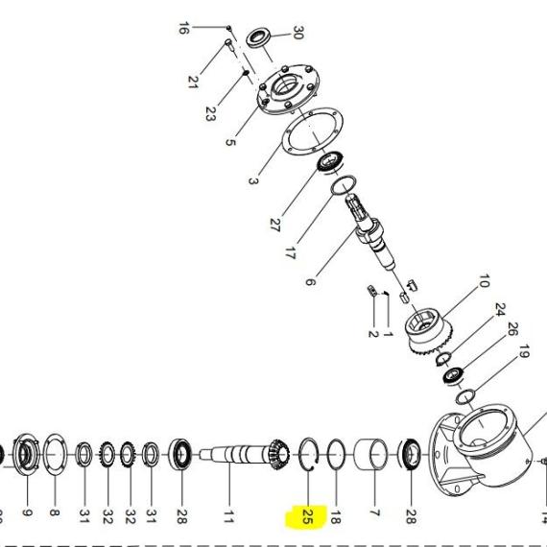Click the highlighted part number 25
(x=307, y=516)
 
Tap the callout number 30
(x=297, y=33)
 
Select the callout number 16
(x=184, y=28)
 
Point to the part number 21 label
(x=193, y=82)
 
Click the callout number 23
(x=209, y=114)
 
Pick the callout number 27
(x=274, y=225)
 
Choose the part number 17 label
(x=290, y=253)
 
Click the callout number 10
(x=483, y=281)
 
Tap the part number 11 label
(x=228, y=516)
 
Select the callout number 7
(x=374, y=512)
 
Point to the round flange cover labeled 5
(x=288, y=89)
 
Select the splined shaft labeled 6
(x=370, y=232)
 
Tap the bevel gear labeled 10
(x=429, y=332)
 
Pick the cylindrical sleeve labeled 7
(x=370, y=455)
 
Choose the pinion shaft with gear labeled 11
(x=244, y=455)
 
